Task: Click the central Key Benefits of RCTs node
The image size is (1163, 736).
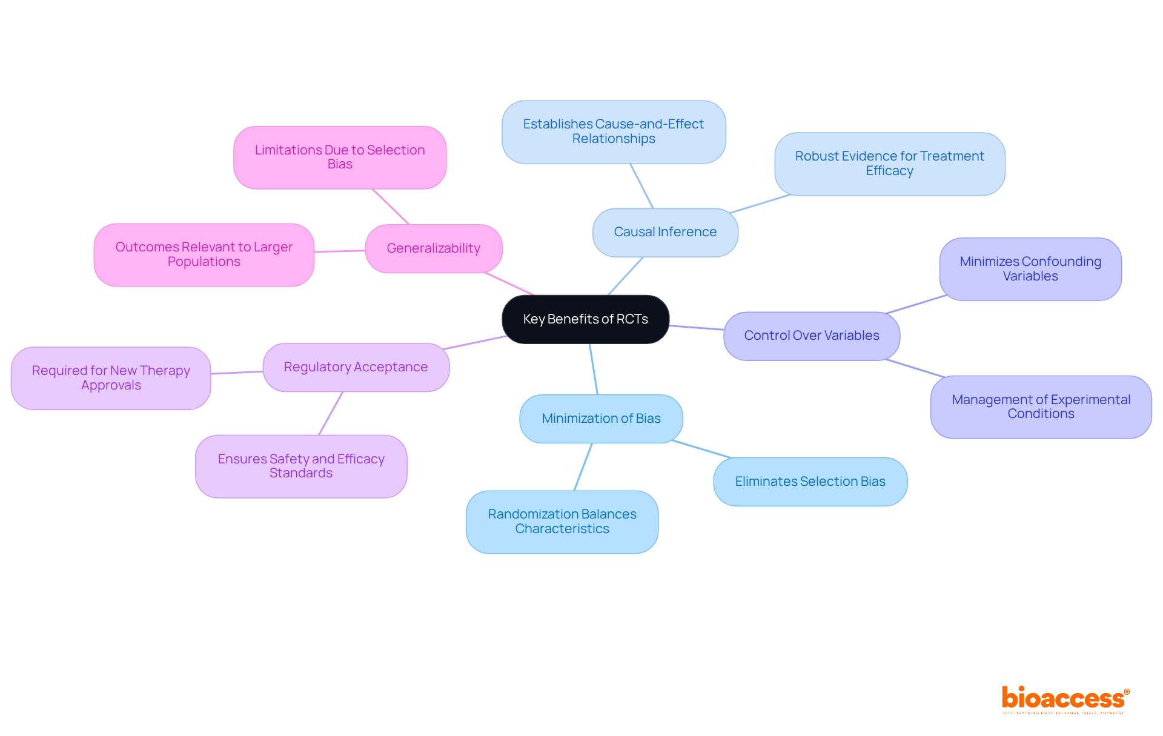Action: pos(585,319)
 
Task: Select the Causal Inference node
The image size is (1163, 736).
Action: pos(665,232)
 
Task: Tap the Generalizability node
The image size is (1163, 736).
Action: pos(434,248)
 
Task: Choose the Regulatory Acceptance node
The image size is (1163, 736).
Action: pos(356,367)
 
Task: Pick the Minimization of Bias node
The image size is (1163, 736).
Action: pos(601,419)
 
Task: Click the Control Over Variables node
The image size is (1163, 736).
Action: pos(812,336)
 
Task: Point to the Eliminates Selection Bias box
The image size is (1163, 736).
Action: pos(810,482)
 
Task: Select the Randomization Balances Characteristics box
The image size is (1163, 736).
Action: pos(562,522)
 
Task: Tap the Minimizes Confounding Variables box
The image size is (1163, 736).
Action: pos(1030,269)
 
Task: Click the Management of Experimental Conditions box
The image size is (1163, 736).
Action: pos(1041,406)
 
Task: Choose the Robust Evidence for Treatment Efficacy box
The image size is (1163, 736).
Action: pos(889,164)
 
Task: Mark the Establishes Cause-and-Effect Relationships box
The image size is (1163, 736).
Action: pos(614,131)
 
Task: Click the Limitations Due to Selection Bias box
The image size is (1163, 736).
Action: pos(340,157)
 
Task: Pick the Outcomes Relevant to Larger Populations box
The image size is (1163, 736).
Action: pos(204,254)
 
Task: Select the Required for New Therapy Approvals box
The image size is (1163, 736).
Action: pos(111,378)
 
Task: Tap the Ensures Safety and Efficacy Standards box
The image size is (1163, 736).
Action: pos(301,466)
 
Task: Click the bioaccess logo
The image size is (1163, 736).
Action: pos(1065,699)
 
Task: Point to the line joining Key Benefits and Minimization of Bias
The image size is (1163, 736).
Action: pos(594,369)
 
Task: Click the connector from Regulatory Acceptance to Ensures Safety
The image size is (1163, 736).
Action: pos(331,413)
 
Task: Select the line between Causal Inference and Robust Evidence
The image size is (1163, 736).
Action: pos(760,204)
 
